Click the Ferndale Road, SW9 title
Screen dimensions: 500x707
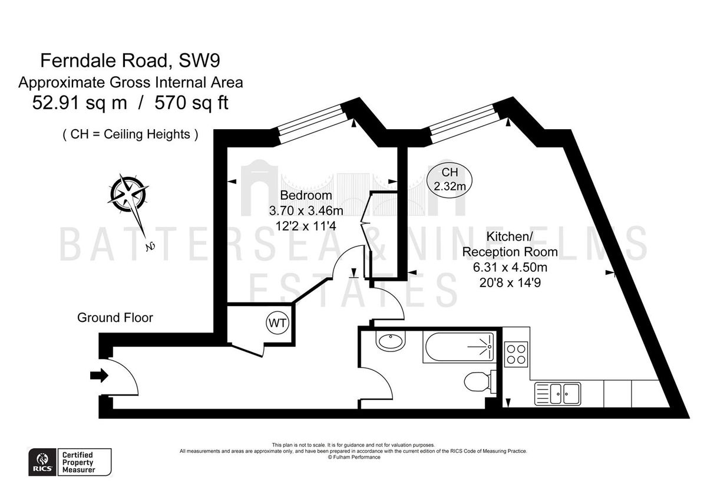130,60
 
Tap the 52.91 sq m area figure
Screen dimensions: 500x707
79,103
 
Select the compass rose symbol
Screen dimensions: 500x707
128,194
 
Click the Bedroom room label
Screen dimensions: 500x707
306,195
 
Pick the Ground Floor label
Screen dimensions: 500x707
115,318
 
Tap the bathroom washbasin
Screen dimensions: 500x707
389,341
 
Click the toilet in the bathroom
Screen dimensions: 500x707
477,381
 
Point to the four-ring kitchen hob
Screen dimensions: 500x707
516,354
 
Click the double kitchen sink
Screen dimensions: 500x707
557,393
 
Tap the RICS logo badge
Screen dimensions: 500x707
42,462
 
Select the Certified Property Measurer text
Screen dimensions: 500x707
78,462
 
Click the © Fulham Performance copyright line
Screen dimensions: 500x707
353,457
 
